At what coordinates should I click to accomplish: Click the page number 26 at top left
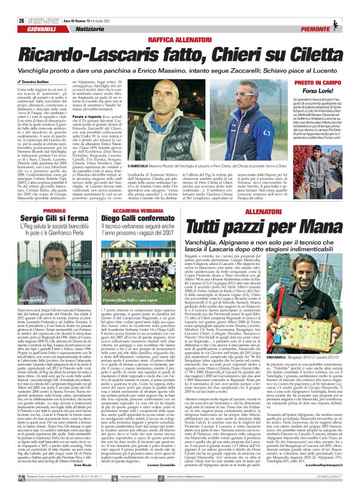tap(13, 5)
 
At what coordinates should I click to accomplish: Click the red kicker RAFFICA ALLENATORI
tap(179, 22)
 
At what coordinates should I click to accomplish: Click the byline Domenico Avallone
tap(34, 63)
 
